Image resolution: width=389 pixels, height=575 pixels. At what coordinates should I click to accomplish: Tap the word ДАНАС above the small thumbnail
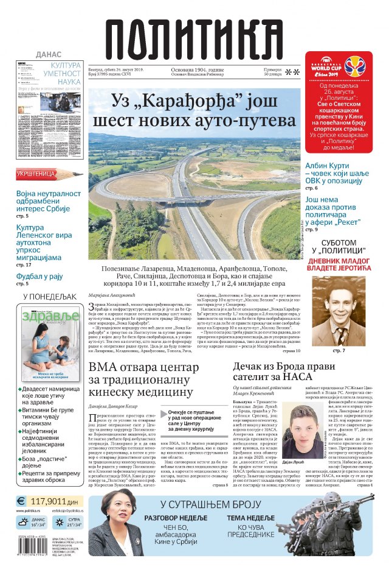[49, 54]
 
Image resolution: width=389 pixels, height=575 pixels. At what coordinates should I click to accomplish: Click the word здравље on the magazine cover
[50, 316]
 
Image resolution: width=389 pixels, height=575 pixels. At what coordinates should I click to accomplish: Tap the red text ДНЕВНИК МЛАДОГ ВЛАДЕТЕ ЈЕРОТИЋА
[342, 261]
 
